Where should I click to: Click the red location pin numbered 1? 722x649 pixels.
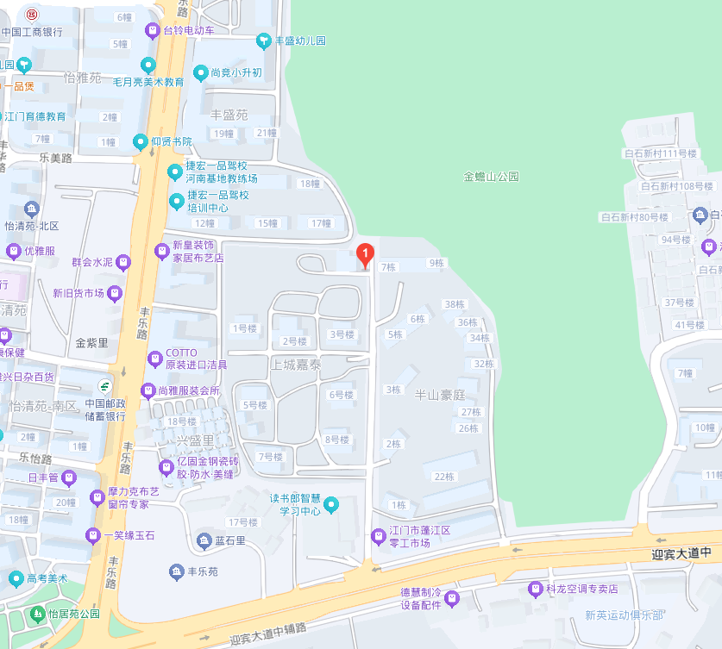pyautogui.click(x=365, y=254)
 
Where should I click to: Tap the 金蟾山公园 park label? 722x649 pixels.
pyautogui.click(x=492, y=176)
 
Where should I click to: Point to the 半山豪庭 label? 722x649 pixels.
pyautogui.click(x=441, y=394)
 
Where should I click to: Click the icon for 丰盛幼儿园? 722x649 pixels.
pyautogui.click(x=264, y=41)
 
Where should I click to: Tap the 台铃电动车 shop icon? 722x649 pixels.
pyautogui.click(x=153, y=30)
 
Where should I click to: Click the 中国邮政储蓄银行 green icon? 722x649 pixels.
pyautogui.click(x=104, y=385)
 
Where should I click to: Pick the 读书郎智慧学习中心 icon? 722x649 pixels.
pyautogui.click(x=330, y=504)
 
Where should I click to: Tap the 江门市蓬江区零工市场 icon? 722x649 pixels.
pyautogui.click(x=377, y=535)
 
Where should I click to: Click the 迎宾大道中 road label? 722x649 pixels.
pyautogui.click(x=681, y=553)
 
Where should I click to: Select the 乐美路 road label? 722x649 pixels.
pyautogui.click(x=56, y=158)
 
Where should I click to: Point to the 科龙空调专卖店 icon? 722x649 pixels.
pyautogui.click(x=535, y=589)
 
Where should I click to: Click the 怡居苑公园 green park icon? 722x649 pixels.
pyautogui.click(x=37, y=615)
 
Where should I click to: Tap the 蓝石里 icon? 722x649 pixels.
pyautogui.click(x=204, y=540)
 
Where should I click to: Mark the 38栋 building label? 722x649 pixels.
pyautogui.click(x=454, y=304)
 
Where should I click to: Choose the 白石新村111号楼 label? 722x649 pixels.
pyautogui.click(x=660, y=153)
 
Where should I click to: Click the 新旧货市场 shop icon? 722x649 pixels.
pyautogui.click(x=115, y=293)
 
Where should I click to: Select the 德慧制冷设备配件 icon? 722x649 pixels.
pyautogui.click(x=453, y=598)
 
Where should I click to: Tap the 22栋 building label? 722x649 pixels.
pyautogui.click(x=444, y=477)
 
